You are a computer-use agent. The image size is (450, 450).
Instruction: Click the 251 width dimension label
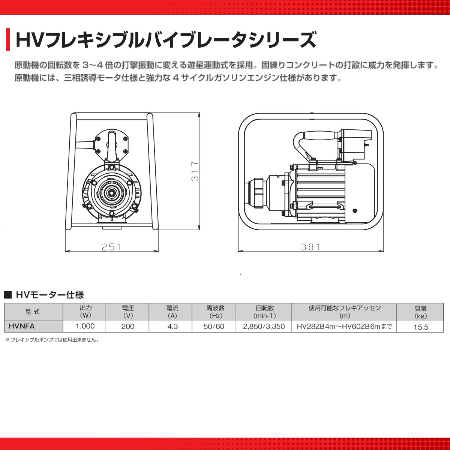[x=112, y=247]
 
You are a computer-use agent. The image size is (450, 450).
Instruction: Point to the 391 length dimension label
[x=311, y=247]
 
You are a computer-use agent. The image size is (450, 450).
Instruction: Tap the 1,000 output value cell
[x=85, y=326]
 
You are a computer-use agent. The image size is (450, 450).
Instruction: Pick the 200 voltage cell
[x=128, y=326]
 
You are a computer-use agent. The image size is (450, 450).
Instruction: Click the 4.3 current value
[x=172, y=326]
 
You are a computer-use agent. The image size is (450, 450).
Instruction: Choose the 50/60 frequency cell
[x=214, y=326]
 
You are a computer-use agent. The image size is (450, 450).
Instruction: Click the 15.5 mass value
[x=421, y=327]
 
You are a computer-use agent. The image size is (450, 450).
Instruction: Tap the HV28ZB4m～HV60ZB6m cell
[x=344, y=326]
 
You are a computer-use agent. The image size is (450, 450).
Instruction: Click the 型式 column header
[x=33, y=312]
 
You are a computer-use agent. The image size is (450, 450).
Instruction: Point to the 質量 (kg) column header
[x=421, y=312]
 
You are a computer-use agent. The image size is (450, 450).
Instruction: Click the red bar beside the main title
[x=7, y=39]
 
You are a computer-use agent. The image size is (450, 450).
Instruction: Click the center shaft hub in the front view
[x=111, y=193]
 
